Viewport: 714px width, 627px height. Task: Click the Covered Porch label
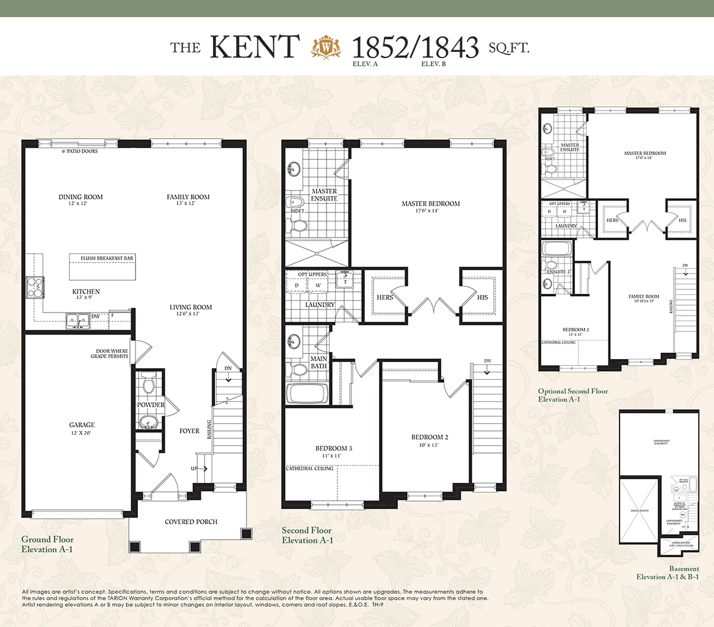pos(191,522)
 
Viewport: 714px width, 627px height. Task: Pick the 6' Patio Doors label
pos(80,151)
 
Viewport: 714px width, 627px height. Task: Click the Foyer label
pos(189,431)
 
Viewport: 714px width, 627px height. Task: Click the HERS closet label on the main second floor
pos(385,297)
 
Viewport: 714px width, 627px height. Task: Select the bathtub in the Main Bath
pos(307,392)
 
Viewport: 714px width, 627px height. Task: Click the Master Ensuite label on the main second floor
pos(324,195)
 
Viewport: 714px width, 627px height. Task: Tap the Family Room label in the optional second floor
pos(644,299)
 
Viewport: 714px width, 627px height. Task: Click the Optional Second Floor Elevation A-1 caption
pos(572,395)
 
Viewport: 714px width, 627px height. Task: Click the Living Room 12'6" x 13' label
pos(190,310)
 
